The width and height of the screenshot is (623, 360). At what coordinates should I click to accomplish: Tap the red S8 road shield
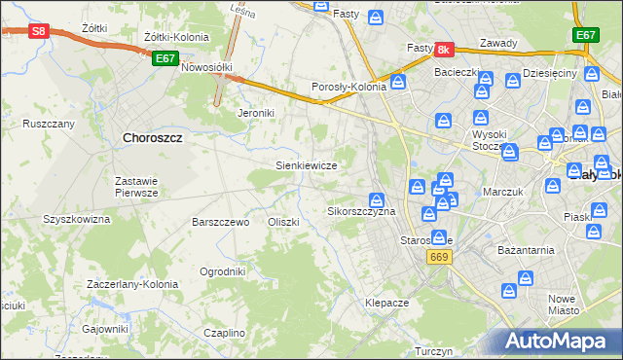pyautogui.click(x=38, y=31)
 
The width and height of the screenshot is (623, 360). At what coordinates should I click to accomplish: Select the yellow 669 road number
pyautogui.click(x=439, y=255)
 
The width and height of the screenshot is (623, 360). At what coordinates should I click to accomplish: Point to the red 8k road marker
pyautogui.click(x=444, y=49)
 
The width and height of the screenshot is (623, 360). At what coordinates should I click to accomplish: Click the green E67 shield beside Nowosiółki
pyautogui.click(x=165, y=59)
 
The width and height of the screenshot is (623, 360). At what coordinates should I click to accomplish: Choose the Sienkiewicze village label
pyautogui.click(x=307, y=166)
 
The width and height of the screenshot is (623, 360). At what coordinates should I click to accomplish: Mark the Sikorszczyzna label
pyautogui.click(x=361, y=211)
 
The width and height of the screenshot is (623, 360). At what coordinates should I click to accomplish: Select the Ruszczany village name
pyautogui.click(x=49, y=125)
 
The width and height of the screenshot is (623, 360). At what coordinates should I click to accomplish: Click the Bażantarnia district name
pyautogui.click(x=522, y=250)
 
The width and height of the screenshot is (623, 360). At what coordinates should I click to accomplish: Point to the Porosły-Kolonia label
pyautogui.click(x=349, y=87)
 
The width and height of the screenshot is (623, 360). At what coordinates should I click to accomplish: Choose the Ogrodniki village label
pyautogui.click(x=222, y=271)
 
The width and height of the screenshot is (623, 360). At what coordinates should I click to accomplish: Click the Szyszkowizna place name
pyautogui.click(x=76, y=220)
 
